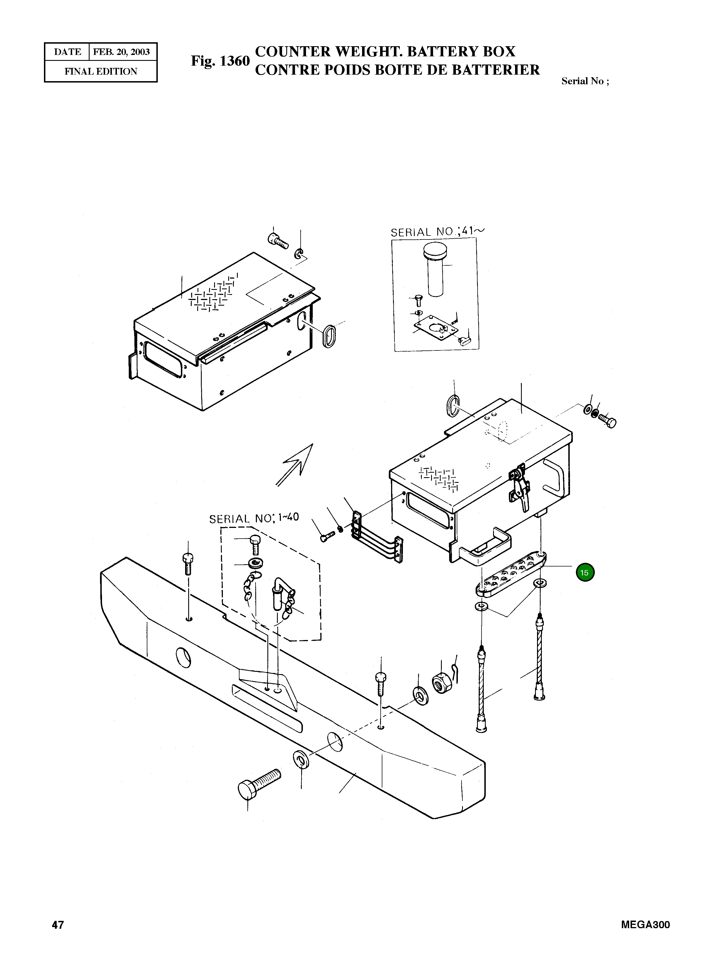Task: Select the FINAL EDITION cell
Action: [x=101, y=72]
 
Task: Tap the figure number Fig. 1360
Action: [x=220, y=61]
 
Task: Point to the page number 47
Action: [x=58, y=925]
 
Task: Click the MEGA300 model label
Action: [x=645, y=925]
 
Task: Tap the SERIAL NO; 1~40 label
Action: [x=254, y=519]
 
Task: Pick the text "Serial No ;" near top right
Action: [x=585, y=81]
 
